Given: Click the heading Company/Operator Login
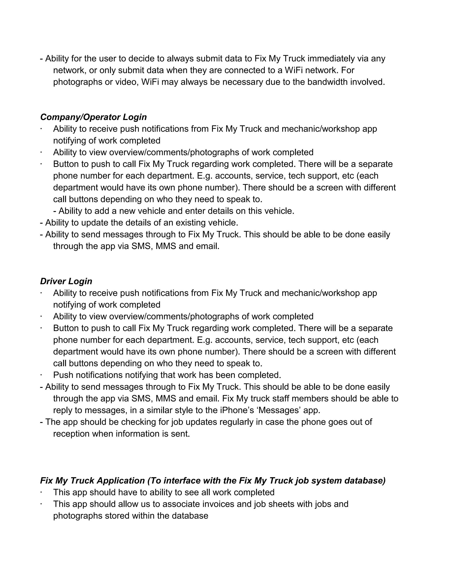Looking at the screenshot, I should pyautogui.click(x=93, y=117).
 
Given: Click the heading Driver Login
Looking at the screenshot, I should pyautogui.click(x=66, y=281).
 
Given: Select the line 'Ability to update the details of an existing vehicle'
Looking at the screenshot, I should pyautogui.click(x=139, y=223).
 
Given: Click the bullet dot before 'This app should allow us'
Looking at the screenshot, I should pyautogui.click(x=41, y=503).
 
